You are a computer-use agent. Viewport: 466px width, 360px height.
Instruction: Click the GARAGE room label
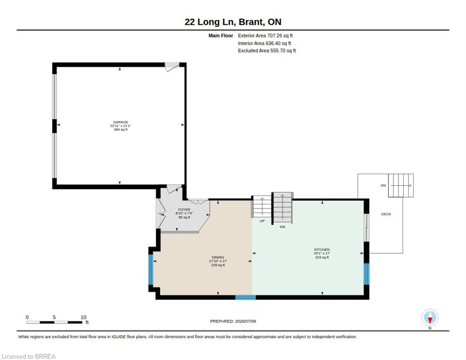(x=120, y=122)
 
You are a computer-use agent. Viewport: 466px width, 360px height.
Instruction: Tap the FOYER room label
(x=184, y=210)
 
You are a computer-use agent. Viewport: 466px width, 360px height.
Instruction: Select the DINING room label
(x=218, y=257)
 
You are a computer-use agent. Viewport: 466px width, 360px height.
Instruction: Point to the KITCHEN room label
(x=322, y=249)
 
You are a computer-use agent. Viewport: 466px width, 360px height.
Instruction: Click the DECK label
(x=386, y=214)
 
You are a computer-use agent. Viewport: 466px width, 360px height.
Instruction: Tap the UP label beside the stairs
(x=262, y=221)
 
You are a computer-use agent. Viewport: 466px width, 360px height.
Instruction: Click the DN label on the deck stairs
(x=383, y=186)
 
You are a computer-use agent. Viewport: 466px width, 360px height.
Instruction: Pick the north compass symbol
(x=430, y=318)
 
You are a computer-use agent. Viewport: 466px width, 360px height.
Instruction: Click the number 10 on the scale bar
(x=83, y=317)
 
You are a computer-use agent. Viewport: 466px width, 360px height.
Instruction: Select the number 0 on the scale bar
(x=27, y=317)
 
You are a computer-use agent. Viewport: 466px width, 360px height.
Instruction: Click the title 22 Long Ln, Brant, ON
(x=233, y=22)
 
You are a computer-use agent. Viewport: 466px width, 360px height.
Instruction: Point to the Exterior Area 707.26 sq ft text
(x=265, y=36)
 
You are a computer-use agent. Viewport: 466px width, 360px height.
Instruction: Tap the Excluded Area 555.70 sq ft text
(x=267, y=51)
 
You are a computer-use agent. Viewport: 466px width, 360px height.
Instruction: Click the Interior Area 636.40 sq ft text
(x=264, y=44)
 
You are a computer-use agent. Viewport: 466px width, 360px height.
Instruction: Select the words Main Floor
(x=221, y=36)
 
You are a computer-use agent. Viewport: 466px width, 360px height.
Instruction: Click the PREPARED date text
(x=233, y=322)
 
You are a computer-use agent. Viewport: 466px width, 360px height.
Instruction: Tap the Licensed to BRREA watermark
(x=29, y=356)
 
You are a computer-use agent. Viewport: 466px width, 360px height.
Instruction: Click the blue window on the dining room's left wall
(x=150, y=270)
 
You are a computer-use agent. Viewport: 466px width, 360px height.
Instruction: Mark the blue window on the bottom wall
(x=246, y=297)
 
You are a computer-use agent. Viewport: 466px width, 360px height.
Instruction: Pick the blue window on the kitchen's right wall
(x=367, y=274)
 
